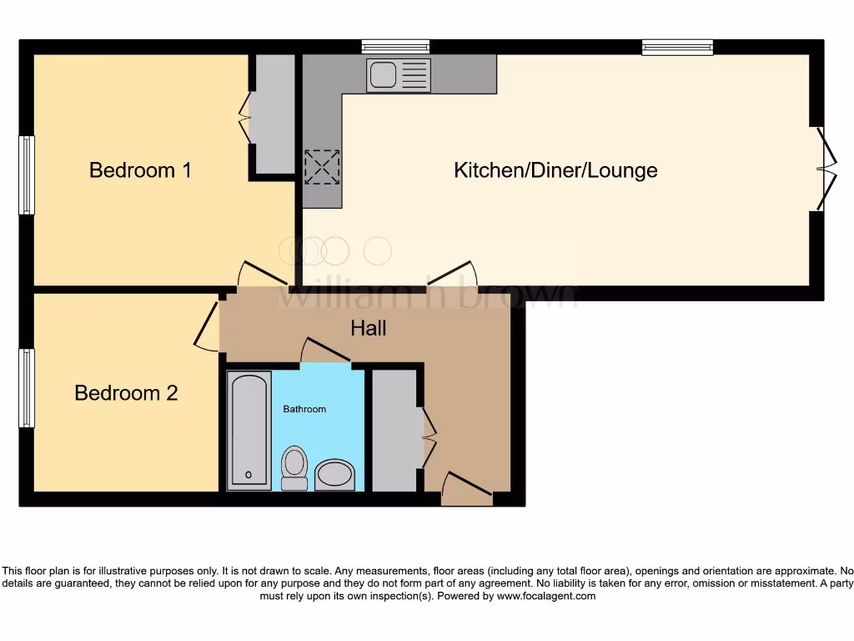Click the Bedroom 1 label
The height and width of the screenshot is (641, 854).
click(140, 170)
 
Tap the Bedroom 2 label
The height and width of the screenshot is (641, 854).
click(126, 392)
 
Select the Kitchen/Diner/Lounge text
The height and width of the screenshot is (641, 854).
click(555, 170)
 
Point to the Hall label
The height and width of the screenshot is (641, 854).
click(368, 328)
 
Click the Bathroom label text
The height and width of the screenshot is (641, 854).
click(304, 409)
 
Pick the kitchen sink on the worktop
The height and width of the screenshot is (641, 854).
click(398, 75)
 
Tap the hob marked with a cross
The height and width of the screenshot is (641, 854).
click(322, 167)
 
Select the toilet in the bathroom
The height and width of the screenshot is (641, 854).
click(294, 467)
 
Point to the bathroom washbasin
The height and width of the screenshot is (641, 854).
click(335, 474)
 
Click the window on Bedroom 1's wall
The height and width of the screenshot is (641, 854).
click(27, 174)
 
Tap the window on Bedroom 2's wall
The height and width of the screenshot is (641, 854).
click(27, 388)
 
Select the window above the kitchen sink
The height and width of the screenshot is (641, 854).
click(395, 47)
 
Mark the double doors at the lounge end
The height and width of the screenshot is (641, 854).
click(824, 169)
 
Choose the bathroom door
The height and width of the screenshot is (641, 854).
click(324, 351)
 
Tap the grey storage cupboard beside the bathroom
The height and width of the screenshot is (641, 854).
click(394, 430)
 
